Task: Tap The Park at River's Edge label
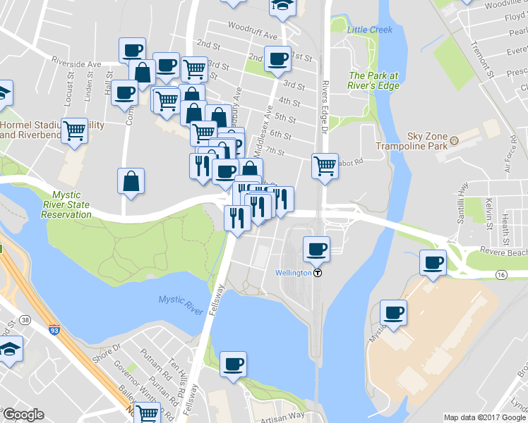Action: tap(373, 80)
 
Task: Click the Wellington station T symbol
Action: tap(318, 274)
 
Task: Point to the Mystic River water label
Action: tap(180, 300)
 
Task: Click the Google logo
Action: tap(24, 415)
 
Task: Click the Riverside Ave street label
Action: tap(80, 63)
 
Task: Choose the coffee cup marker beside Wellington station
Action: tap(316, 250)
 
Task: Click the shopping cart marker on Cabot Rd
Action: tap(325, 167)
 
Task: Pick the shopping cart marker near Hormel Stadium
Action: tap(74, 131)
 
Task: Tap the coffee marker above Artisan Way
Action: tap(233, 364)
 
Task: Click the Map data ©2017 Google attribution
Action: tap(484, 417)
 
